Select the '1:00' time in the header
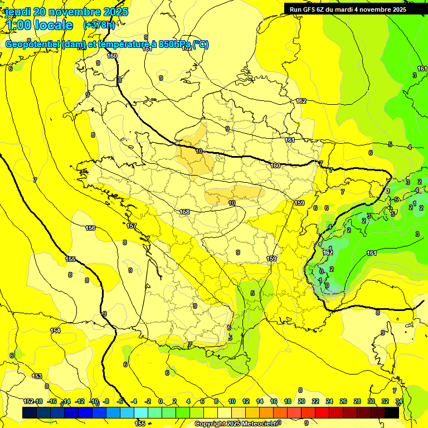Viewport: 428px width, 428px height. pos(17,25)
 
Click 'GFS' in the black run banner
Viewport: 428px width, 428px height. pos(310,9)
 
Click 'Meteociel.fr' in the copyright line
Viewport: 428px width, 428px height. pos(259,424)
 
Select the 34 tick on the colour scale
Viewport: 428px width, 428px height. pos(399,401)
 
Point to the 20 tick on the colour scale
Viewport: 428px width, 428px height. pos(301,401)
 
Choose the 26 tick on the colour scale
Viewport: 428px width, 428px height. pos(343,401)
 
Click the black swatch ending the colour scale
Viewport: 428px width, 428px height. pos(392,412)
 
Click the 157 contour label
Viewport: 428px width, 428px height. pos(132,226)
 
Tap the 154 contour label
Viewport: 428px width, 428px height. pos(55,330)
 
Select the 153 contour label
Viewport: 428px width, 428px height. pos(37,376)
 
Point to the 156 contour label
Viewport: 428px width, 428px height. pos(90,228)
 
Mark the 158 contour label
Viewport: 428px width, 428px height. pos(185,212)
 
